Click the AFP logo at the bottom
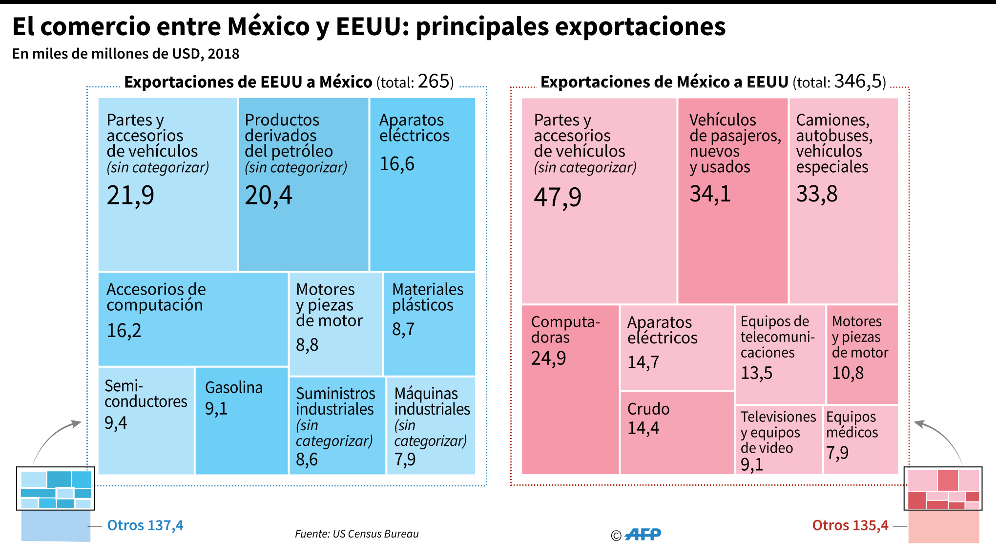tap(643, 535)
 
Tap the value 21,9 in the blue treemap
tap(130, 196)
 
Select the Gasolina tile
tap(242, 420)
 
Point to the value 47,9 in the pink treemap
tap(558, 198)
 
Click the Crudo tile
tap(677, 433)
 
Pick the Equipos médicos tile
tap(861, 440)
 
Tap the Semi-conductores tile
tap(146, 420)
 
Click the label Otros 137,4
tap(145, 525)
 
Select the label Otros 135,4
tap(850, 525)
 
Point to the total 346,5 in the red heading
tap(858, 81)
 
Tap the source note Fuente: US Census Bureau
tap(357, 534)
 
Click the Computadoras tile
tap(570, 390)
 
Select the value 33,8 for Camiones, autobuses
tap(817, 194)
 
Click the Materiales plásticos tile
tap(429, 323)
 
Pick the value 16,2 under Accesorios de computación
tap(124, 331)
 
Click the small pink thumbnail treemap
tap(943, 488)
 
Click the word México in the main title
tap(269, 26)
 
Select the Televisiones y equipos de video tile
tap(779, 440)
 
